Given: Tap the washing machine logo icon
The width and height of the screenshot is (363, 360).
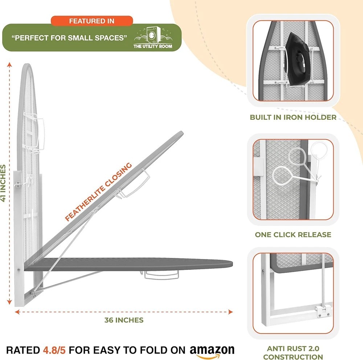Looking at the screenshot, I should click(152, 35).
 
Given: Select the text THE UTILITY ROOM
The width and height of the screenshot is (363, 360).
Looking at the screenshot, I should click(152, 46).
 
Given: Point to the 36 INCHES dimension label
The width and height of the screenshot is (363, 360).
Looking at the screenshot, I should click(124, 320).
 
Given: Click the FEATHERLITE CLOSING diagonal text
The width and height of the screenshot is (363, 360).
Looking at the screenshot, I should click(98, 192).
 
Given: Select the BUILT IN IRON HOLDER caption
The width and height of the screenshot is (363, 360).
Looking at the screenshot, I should click(293, 117).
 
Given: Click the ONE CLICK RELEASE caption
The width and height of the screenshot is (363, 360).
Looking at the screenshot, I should click(293, 235).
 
